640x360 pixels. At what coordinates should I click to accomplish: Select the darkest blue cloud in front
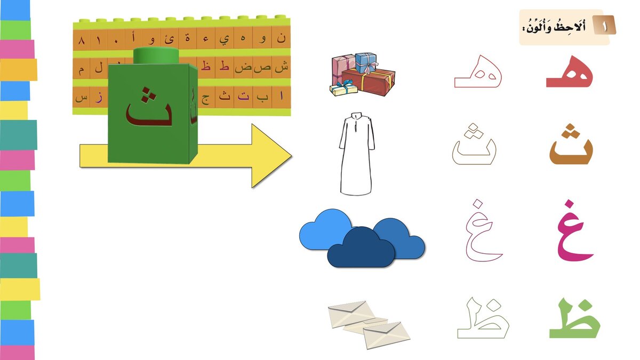(x=361, y=247)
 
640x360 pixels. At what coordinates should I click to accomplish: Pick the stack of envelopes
(x=369, y=323)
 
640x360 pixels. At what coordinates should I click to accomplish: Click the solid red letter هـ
(x=570, y=75)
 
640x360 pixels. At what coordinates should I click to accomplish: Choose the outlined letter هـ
(x=478, y=75)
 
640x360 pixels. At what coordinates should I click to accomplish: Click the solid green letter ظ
(x=575, y=321)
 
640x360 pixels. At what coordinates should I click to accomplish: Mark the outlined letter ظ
(x=483, y=321)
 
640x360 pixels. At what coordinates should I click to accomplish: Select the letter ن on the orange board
(x=281, y=39)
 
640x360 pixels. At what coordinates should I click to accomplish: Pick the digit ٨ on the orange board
(x=82, y=41)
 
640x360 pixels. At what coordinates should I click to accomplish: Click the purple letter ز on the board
(x=99, y=98)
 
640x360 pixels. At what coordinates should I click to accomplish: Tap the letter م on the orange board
(x=81, y=70)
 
